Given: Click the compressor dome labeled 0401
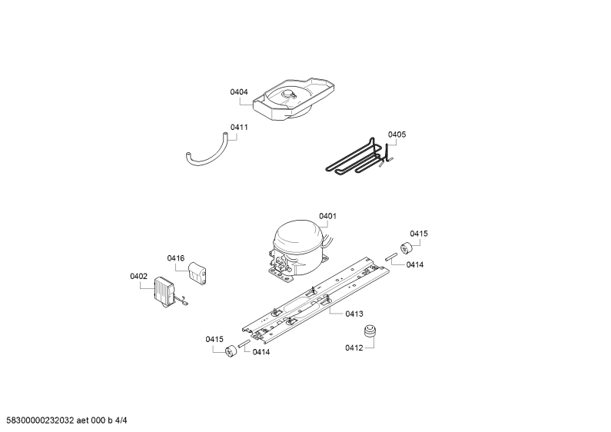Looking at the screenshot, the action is coord(298,250).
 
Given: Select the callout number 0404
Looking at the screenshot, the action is coord(239,92).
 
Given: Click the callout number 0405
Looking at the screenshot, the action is coord(397,135).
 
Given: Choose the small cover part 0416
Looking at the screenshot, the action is coord(198,272).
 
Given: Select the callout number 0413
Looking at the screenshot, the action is coord(354,314).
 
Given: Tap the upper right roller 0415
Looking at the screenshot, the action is coord(407,248).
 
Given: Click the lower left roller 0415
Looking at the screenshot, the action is coord(231,351).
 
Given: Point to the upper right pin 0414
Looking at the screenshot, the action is coord(391,257).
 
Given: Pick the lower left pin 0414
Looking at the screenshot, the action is coord(244,344).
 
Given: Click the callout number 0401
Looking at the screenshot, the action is coord(327,216).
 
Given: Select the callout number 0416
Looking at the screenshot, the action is coord(176,258).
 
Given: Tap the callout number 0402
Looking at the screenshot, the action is coord(138,277).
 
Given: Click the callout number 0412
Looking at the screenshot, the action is coord(354,347).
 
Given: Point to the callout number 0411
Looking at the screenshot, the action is coord(239,127).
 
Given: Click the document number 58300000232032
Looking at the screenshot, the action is coord(40,420).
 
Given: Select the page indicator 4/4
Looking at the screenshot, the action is coord(121,420).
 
